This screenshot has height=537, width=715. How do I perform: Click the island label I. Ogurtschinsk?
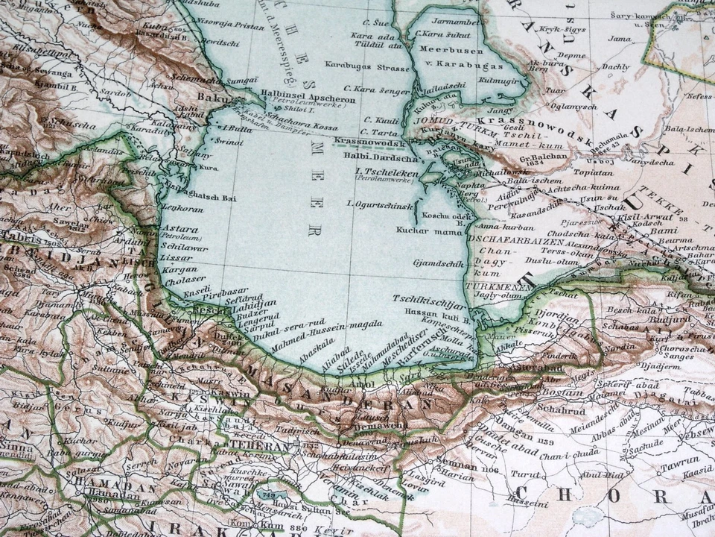pyautogui.click(x=380, y=203)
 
